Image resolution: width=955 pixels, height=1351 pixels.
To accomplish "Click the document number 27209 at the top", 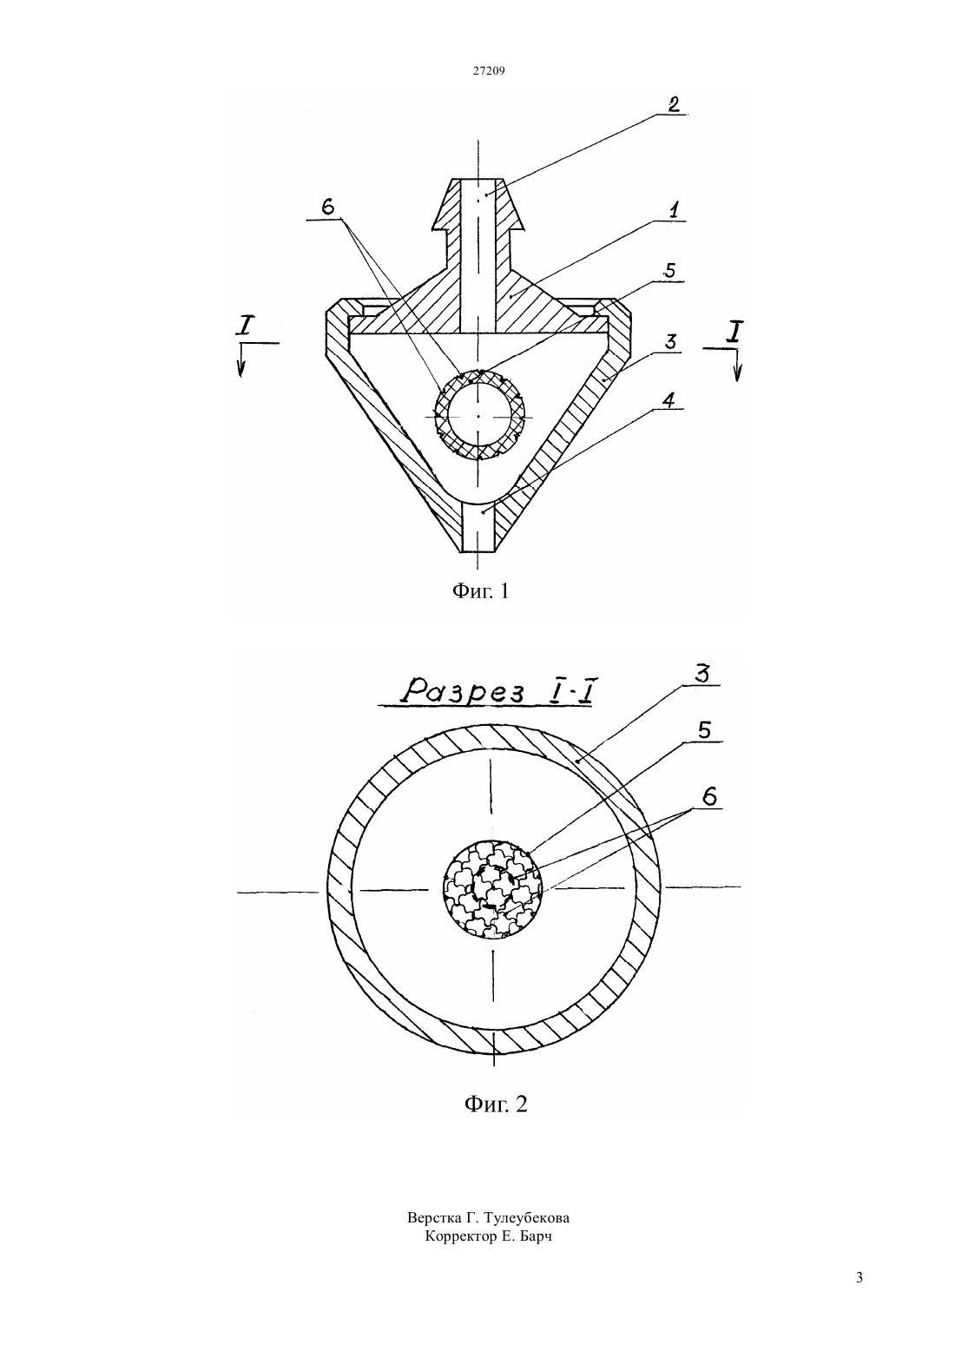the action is tap(488, 70).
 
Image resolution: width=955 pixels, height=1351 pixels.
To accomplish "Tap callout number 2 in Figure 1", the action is tap(673, 103).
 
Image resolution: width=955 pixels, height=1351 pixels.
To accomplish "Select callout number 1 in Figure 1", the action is tap(674, 210).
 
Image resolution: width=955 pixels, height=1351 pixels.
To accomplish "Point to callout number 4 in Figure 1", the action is tap(671, 399).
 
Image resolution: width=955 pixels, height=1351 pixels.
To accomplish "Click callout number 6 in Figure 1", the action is tap(328, 207).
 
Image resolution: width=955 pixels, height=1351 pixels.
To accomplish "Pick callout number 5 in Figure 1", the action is tap(670, 270).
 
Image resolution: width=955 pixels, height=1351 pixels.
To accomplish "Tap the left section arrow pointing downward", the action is tap(241, 360).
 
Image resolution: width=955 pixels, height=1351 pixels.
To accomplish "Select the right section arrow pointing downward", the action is tap(736, 365).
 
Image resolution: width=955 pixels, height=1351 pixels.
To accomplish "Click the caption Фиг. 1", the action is tap(480, 591).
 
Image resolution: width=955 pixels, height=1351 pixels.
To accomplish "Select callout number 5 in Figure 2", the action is tap(703, 730).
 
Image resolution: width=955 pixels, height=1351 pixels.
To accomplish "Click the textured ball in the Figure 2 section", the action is tap(492, 889).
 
